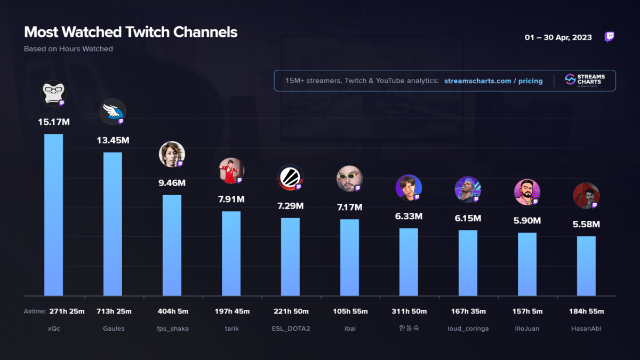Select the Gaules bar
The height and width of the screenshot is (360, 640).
pos(113,224)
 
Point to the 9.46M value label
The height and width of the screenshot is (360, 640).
pos(172,183)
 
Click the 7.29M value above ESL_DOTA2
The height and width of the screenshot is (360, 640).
pos(290,206)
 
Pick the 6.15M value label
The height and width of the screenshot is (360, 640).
pos(468,218)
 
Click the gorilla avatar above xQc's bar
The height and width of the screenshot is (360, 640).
pos(53,93)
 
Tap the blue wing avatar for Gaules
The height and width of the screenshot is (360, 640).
pos(113,111)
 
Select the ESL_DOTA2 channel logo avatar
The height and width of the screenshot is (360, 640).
pos(290,178)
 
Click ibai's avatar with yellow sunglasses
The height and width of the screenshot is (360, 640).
pos(349,179)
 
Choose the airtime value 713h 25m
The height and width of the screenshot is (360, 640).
pos(113,311)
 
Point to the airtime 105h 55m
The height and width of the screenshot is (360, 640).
pos(349,311)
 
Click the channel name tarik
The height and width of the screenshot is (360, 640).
pos(231,329)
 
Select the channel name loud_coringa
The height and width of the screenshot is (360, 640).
pos(468,329)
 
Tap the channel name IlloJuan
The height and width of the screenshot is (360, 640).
pos(527,329)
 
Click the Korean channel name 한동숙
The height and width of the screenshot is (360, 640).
pos(409,328)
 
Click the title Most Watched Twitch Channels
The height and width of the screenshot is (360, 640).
pos(131,32)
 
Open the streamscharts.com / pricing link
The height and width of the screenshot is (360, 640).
pos(493,81)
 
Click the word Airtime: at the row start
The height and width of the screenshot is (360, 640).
pos(35,311)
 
